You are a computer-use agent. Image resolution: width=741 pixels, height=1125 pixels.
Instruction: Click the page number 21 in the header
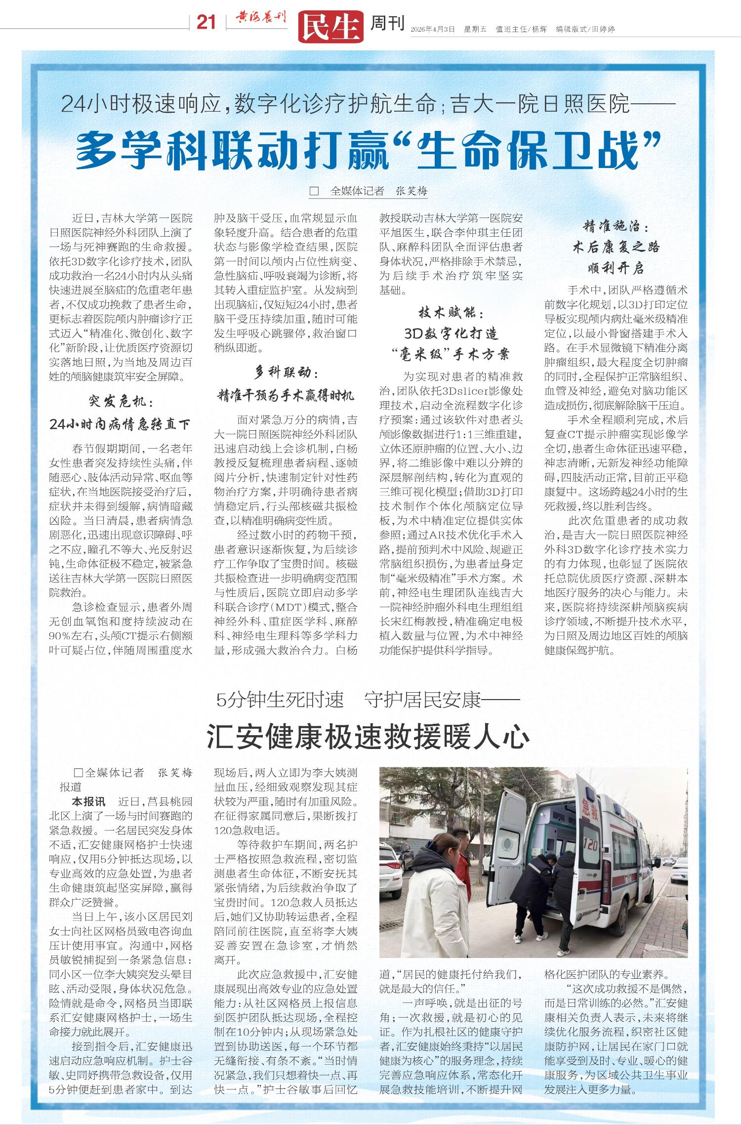point(206,22)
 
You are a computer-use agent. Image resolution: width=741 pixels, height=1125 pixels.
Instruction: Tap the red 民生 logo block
point(330,26)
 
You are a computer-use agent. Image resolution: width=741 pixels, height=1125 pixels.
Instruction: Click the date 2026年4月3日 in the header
point(432,29)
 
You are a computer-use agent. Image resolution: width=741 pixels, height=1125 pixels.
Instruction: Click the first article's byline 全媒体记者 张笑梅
point(378,191)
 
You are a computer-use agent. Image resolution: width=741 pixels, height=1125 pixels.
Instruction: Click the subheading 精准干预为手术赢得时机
point(286,395)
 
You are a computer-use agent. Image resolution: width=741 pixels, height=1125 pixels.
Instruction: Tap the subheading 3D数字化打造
point(451,333)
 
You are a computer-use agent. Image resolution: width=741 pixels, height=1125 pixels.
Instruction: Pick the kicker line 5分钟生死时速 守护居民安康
point(368,700)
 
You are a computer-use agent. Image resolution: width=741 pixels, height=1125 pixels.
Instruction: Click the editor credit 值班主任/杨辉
point(521,29)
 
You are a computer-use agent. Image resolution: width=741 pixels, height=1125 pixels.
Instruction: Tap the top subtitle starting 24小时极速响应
point(368,104)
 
